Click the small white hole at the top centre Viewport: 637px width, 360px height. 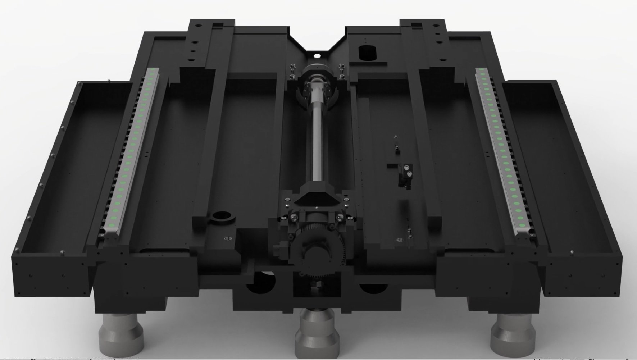click(317, 55)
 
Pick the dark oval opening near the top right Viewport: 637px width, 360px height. click(367, 53)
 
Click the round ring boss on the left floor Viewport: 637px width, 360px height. click(223, 217)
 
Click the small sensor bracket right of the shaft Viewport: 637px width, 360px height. click(404, 174)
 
